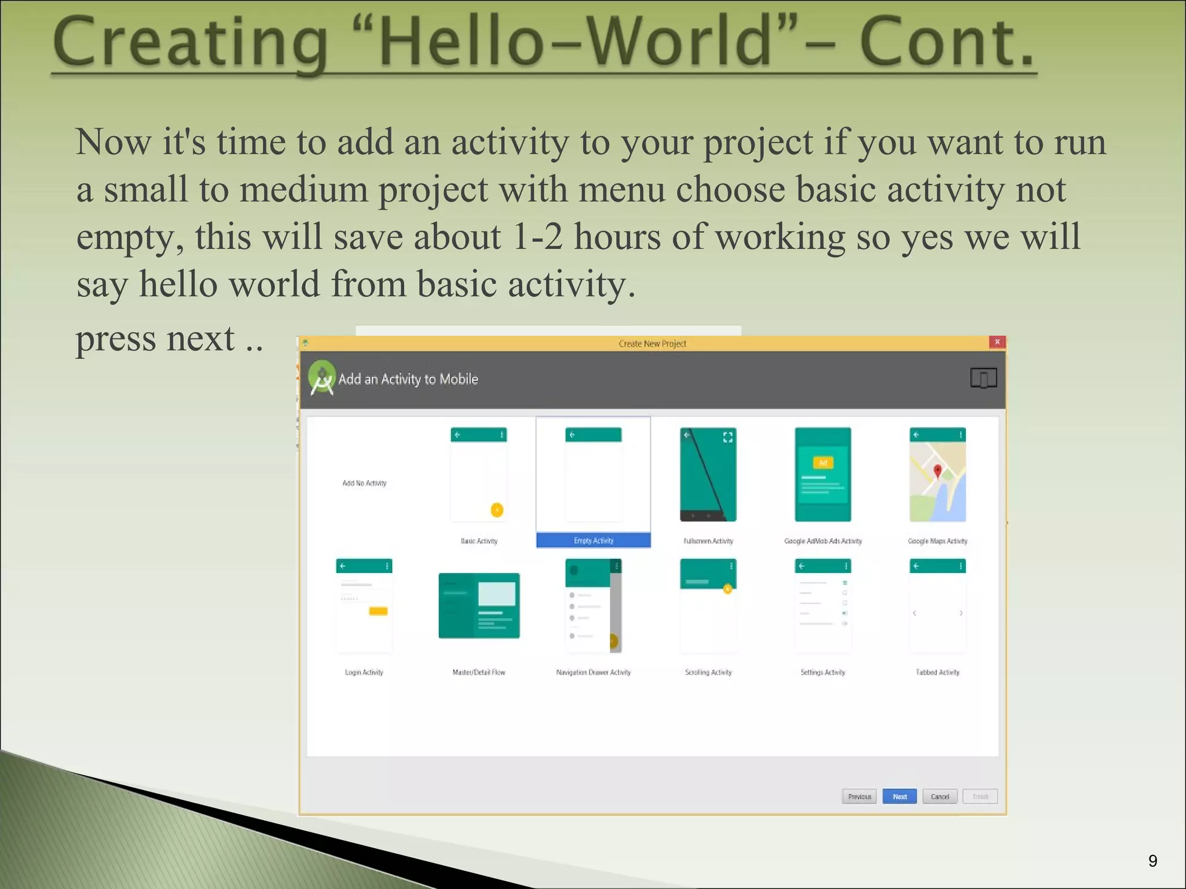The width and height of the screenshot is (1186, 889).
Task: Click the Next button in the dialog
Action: coord(899,796)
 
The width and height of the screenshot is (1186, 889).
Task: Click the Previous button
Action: coord(859,796)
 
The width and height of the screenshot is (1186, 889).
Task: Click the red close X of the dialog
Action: coord(997,342)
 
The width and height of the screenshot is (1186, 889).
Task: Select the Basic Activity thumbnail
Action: coord(479,475)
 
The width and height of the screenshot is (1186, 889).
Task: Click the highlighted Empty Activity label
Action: coord(594,541)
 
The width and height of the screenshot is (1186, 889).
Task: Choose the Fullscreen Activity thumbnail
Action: coord(708,475)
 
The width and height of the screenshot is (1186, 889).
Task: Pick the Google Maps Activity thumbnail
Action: coord(938,475)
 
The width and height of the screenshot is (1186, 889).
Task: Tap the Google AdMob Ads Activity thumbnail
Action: coord(823,475)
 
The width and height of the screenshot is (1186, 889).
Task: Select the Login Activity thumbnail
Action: coord(364,605)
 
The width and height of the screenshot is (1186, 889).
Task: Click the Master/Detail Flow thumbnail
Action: coord(479,605)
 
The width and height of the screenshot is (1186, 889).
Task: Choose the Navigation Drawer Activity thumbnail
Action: coord(594,605)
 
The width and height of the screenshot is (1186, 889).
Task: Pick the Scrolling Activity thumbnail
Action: coord(708,605)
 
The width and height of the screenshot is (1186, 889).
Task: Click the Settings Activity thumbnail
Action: coord(823,605)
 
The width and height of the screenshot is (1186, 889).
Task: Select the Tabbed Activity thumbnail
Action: coord(938,605)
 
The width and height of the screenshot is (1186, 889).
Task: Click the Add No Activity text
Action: coord(364,483)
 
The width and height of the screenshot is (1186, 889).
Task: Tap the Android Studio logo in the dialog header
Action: coord(322,378)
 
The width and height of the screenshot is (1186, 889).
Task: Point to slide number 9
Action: coord(1152,861)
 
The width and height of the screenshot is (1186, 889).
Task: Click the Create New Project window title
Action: coord(652,343)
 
